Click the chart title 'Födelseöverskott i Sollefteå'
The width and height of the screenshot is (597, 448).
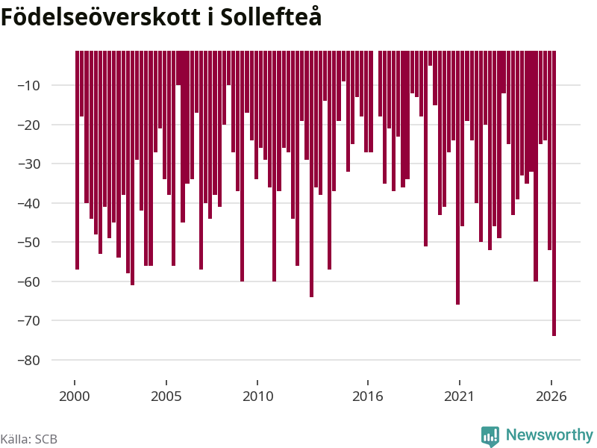pyautogui.click(x=161, y=17)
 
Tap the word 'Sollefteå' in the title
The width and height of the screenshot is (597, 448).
pyautogui.click(x=271, y=17)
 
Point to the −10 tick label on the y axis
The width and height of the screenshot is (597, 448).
pyautogui.click(x=29, y=85)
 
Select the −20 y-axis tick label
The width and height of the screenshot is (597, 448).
pyautogui.click(x=29, y=125)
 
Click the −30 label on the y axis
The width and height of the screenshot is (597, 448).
pyautogui.click(x=29, y=164)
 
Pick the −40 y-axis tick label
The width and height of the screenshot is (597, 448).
pyautogui.click(x=29, y=203)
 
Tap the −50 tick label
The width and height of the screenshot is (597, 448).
pyautogui.click(x=29, y=242)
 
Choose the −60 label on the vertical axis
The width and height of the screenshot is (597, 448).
pyautogui.click(x=29, y=281)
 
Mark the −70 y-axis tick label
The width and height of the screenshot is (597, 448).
pyautogui.click(x=29, y=321)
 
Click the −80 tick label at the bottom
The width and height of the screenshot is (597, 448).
pyautogui.click(x=29, y=360)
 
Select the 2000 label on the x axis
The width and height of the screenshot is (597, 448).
pyautogui.click(x=74, y=396)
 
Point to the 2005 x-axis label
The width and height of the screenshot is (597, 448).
pyautogui.click(x=166, y=396)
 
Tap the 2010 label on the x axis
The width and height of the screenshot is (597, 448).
pyautogui.click(x=257, y=396)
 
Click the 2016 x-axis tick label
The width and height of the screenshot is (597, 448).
pyautogui.click(x=367, y=396)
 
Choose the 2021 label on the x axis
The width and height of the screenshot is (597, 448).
pyautogui.click(x=459, y=396)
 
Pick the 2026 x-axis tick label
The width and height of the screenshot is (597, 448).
pyautogui.click(x=551, y=396)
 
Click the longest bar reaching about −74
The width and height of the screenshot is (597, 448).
pyautogui.click(x=554, y=193)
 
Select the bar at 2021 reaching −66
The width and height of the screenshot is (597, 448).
pyautogui.click(x=457, y=178)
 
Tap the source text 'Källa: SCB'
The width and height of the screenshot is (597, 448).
pyautogui.click(x=29, y=439)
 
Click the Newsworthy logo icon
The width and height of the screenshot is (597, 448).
pyautogui.click(x=490, y=436)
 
